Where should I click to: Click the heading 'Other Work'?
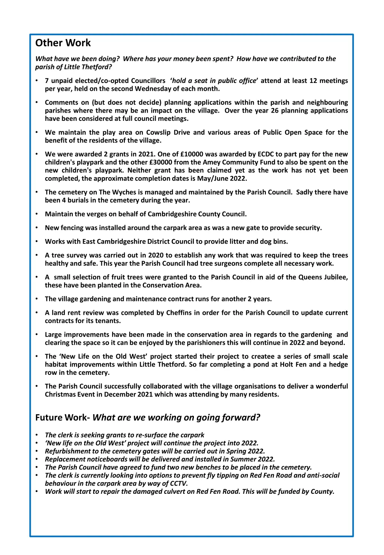coord(63,43)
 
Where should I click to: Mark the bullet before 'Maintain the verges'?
coord(37,214)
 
